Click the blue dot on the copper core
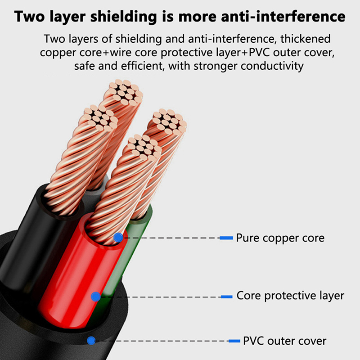118,238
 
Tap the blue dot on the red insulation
96,297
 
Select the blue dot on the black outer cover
91,341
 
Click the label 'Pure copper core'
280,238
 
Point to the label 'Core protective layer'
290,296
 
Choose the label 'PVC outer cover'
284,341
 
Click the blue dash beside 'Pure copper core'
226,238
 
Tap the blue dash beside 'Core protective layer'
227,297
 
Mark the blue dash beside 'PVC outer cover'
234,341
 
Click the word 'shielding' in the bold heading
124,17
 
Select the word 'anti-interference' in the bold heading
283,16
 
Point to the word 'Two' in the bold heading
29,17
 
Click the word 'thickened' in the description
306,39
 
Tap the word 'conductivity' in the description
272,66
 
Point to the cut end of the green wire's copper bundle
170,121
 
